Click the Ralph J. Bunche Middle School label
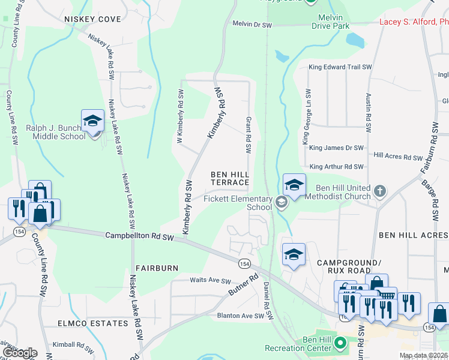pos(56,132)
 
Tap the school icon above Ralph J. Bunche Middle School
pos(93,121)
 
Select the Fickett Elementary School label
pos(239,203)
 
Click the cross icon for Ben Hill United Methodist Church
pos(379,191)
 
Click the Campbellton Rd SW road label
pos(139,238)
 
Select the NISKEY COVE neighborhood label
pos(92,19)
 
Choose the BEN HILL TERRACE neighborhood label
pos(229,178)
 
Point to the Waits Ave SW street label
pos(210,281)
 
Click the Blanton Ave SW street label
pos(241,316)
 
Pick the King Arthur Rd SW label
pos(336,166)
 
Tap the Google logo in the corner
pos(19,353)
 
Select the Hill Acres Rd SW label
pos(398,157)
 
